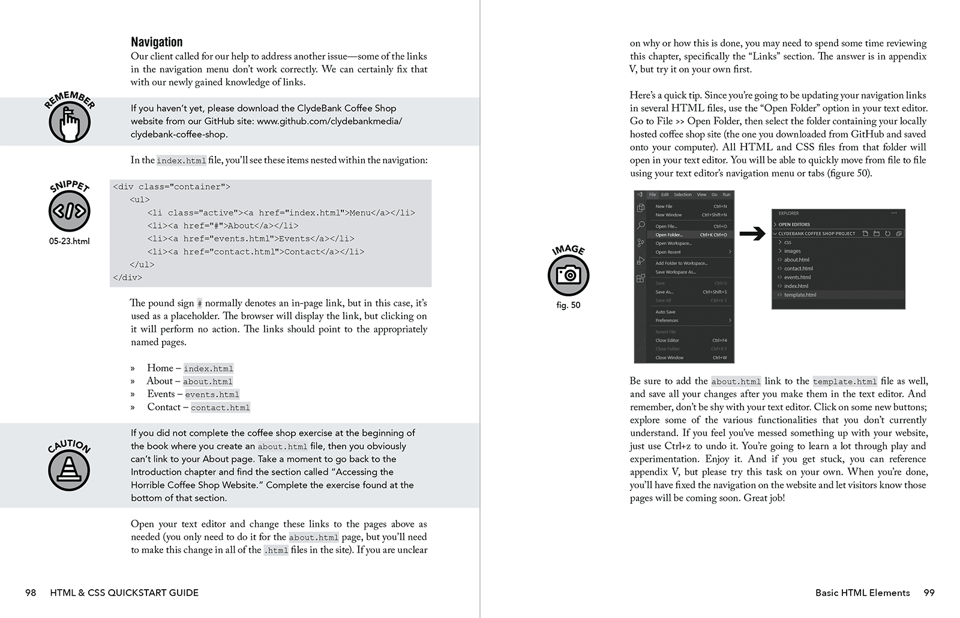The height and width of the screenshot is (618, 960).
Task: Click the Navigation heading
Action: coord(157,42)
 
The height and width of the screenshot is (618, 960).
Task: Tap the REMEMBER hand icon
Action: coord(70,122)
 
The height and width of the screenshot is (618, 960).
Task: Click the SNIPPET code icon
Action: coord(70,211)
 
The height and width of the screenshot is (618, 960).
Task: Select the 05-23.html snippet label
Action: coord(70,241)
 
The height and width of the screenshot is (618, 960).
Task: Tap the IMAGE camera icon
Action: coord(568,275)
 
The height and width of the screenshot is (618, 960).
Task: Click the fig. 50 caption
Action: coord(568,305)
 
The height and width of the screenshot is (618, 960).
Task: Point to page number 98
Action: coord(31,593)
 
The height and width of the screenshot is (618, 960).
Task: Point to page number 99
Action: coord(929,593)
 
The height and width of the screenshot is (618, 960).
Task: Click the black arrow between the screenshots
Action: coord(752,234)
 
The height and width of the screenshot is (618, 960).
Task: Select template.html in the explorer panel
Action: coord(800,295)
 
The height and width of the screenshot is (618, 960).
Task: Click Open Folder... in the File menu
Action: coord(668,235)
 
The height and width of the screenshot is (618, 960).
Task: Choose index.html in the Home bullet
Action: coord(208,368)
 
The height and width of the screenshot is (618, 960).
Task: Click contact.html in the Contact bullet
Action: coord(220,407)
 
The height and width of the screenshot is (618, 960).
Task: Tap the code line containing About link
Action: coord(223,226)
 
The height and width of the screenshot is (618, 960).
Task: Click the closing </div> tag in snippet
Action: coord(127,277)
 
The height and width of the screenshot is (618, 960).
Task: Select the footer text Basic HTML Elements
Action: coord(862,593)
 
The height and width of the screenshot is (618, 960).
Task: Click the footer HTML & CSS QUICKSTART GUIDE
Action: coord(124,593)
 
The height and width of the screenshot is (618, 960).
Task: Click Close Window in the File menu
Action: coord(669,358)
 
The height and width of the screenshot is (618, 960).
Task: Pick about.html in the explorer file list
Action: coord(796,260)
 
